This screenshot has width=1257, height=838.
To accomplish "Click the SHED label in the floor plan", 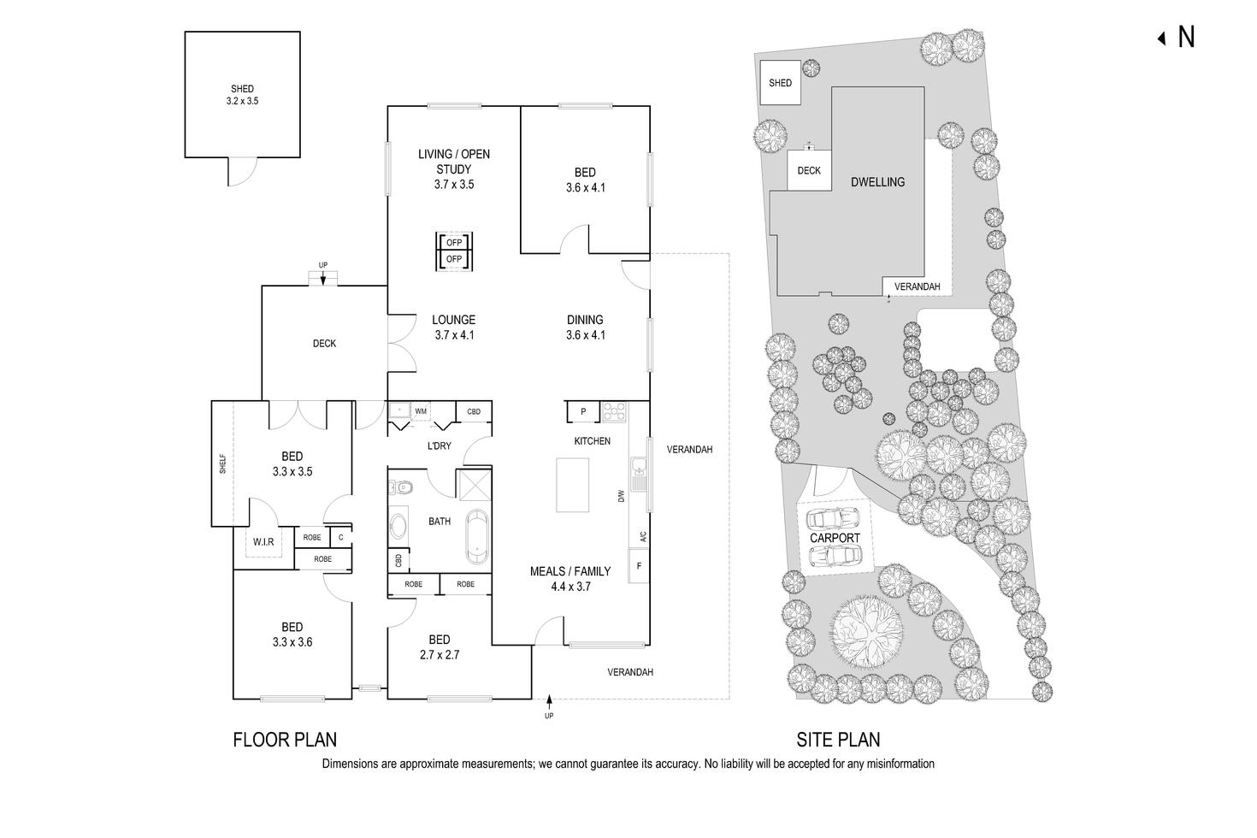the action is click(x=242, y=89).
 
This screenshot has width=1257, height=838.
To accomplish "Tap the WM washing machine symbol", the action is click(x=421, y=411).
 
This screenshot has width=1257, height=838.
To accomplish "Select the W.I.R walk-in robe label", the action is click(x=263, y=542).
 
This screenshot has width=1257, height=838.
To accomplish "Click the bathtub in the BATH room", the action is click(x=477, y=537).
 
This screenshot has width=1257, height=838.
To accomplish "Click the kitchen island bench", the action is click(x=572, y=485).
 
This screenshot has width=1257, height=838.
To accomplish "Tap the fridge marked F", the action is click(x=639, y=566).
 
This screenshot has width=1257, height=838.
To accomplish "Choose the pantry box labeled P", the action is click(x=583, y=412).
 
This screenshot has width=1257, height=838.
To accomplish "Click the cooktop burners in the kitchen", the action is click(x=614, y=412).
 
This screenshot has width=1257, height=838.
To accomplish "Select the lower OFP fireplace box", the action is click(x=454, y=259).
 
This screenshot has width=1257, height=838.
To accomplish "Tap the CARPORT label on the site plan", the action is click(x=835, y=538).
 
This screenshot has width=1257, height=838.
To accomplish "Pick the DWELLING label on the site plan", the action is click(x=877, y=182).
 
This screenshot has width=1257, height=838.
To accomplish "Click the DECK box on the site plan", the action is click(x=809, y=170).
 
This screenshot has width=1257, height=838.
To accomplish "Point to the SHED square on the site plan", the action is click(x=780, y=82).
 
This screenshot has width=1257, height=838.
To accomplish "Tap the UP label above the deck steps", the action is click(x=323, y=265).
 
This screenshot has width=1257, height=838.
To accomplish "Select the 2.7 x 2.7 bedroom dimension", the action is click(x=440, y=654).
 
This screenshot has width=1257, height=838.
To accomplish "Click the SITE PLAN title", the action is click(x=838, y=740).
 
